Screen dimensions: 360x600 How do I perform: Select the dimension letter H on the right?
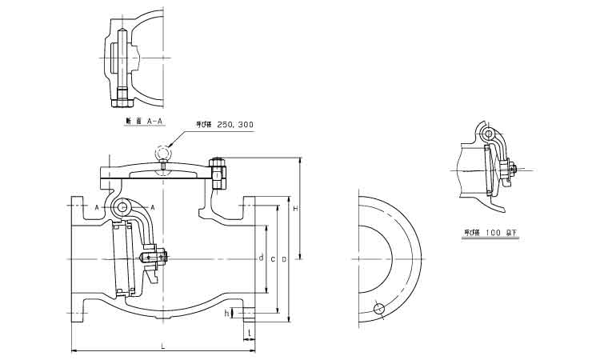pos(295,209)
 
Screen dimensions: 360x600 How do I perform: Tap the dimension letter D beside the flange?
pos(284,259)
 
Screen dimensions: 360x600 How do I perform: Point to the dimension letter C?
pos(273,259)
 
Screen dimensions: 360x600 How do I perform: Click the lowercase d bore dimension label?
pos(261,258)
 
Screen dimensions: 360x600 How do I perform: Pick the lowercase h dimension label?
pos(227,313)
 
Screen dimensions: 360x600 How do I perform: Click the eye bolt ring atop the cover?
pos(164,151)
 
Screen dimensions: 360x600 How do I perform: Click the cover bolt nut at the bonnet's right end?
pos(217,172)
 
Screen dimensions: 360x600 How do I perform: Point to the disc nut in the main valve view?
pos(163,258)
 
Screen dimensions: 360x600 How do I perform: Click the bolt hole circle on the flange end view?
pos(378,309)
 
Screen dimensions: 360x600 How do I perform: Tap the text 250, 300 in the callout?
pos(235,125)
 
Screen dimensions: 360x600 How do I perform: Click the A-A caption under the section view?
pos(155,122)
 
